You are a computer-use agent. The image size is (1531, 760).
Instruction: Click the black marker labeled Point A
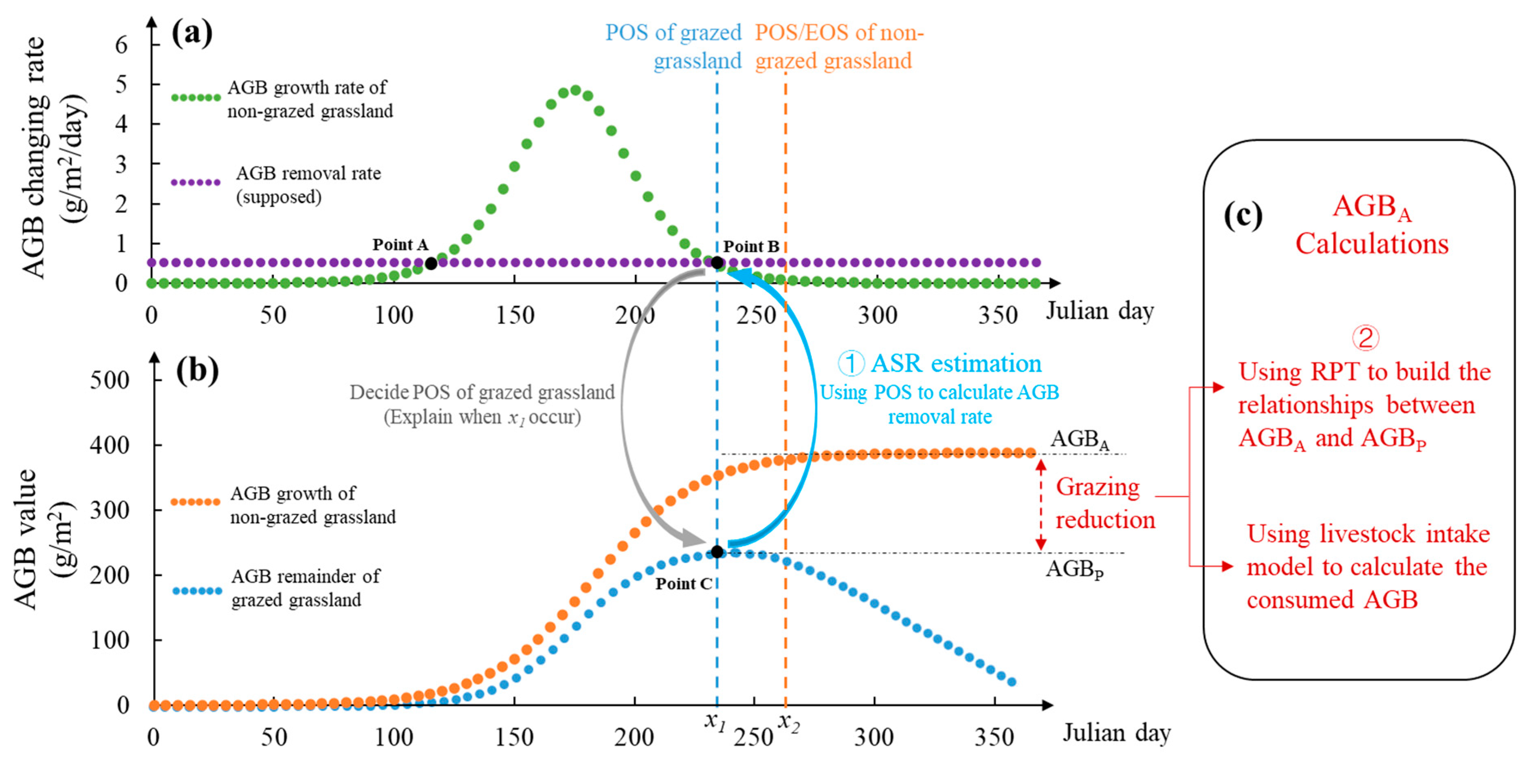(431, 263)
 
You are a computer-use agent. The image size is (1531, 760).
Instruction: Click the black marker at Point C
(717, 552)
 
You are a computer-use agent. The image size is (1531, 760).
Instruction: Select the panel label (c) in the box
(1243, 215)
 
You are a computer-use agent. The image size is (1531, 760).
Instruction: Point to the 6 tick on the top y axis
(121, 44)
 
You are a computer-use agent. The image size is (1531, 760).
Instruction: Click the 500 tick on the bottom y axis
(110, 380)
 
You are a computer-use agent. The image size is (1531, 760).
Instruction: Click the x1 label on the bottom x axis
(715, 721)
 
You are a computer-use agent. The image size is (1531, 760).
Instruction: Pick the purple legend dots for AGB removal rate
(196, 182)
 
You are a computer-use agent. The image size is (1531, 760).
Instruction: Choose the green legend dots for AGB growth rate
(196, 97)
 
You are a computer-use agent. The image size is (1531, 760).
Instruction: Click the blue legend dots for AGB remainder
(197, 590)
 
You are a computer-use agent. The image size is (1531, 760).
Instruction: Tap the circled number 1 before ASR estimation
(851, 363)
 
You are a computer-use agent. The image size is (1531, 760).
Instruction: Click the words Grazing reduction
(1105, 503)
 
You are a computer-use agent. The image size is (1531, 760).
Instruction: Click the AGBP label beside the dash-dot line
(1075, 569)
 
